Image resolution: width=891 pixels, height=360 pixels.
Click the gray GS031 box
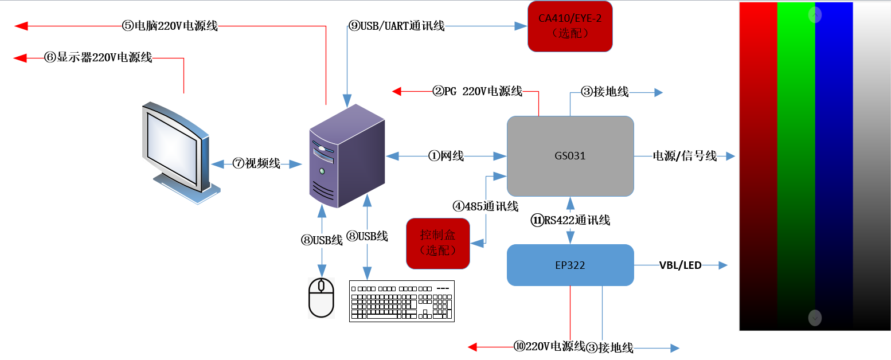coord(570,155)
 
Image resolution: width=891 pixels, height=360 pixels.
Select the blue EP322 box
coord(570,265)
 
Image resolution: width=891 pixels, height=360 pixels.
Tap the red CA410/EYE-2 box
coord(570,26)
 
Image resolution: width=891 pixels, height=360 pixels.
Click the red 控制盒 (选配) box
coord(437,243)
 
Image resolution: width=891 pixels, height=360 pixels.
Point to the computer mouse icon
coord(321,298)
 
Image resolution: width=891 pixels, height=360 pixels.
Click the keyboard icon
coord(402,301)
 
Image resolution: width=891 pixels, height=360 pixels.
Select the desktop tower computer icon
coord(347,156)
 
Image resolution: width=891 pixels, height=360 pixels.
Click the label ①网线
coord(446,156)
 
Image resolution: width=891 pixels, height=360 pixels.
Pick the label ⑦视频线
coord(256,163)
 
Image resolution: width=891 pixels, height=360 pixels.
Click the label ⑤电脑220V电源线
coord(170,26)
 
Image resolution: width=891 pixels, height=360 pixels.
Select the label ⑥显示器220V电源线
coord(98,57)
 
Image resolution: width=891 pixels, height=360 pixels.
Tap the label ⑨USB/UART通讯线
coord(397,26)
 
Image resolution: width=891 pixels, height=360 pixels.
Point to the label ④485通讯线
coord(486,206)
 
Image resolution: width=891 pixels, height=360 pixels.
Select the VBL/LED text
coord(680,265)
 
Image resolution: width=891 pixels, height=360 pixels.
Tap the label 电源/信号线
coord(685,156)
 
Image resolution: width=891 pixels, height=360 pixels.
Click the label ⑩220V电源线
coord(549,346)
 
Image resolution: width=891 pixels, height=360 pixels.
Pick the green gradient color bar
coord(796,166)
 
